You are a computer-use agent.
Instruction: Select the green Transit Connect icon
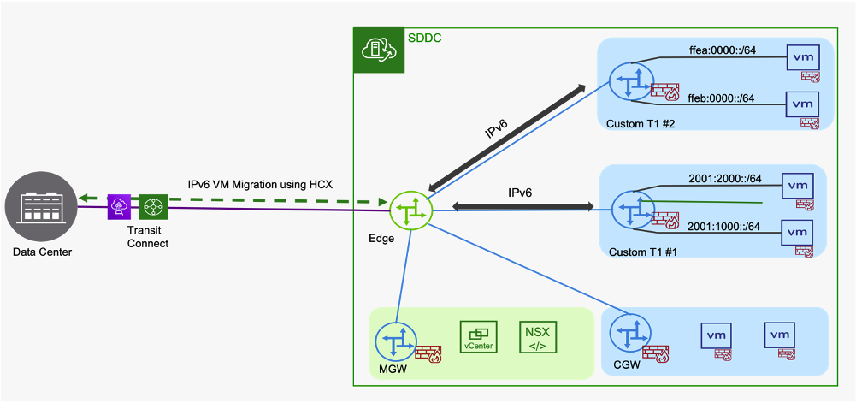pyautogui.click(x=153, y=207)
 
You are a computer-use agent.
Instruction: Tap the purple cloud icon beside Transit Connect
pyautogui.click(x=119, y=207)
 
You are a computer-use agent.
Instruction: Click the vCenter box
pyautogui.click(x=478, y=337)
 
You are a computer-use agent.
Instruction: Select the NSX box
pyautogui.click(x=538, y=337)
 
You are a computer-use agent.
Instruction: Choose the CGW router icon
pyautogui.click(x=630, y=334)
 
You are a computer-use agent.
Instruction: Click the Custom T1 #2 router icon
pyautogui.click(x=630, y=82)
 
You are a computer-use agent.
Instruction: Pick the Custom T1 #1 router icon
pyautogui.click(x=633, y=208)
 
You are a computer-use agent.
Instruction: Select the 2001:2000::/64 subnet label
pyautogui.click(x=725, y=179)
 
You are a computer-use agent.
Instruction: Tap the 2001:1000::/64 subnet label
pyautogui.click(x=725, y=226)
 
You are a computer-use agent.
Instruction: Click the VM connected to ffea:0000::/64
pyautogui.click(x=801, y=57)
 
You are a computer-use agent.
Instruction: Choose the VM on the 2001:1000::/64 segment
pyautogui.click(x=797, y=232)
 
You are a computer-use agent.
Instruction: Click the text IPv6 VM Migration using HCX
pyautogui.click(x=260, y=185)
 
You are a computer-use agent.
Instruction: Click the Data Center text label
pyautogui.click(x=43, y=252)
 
